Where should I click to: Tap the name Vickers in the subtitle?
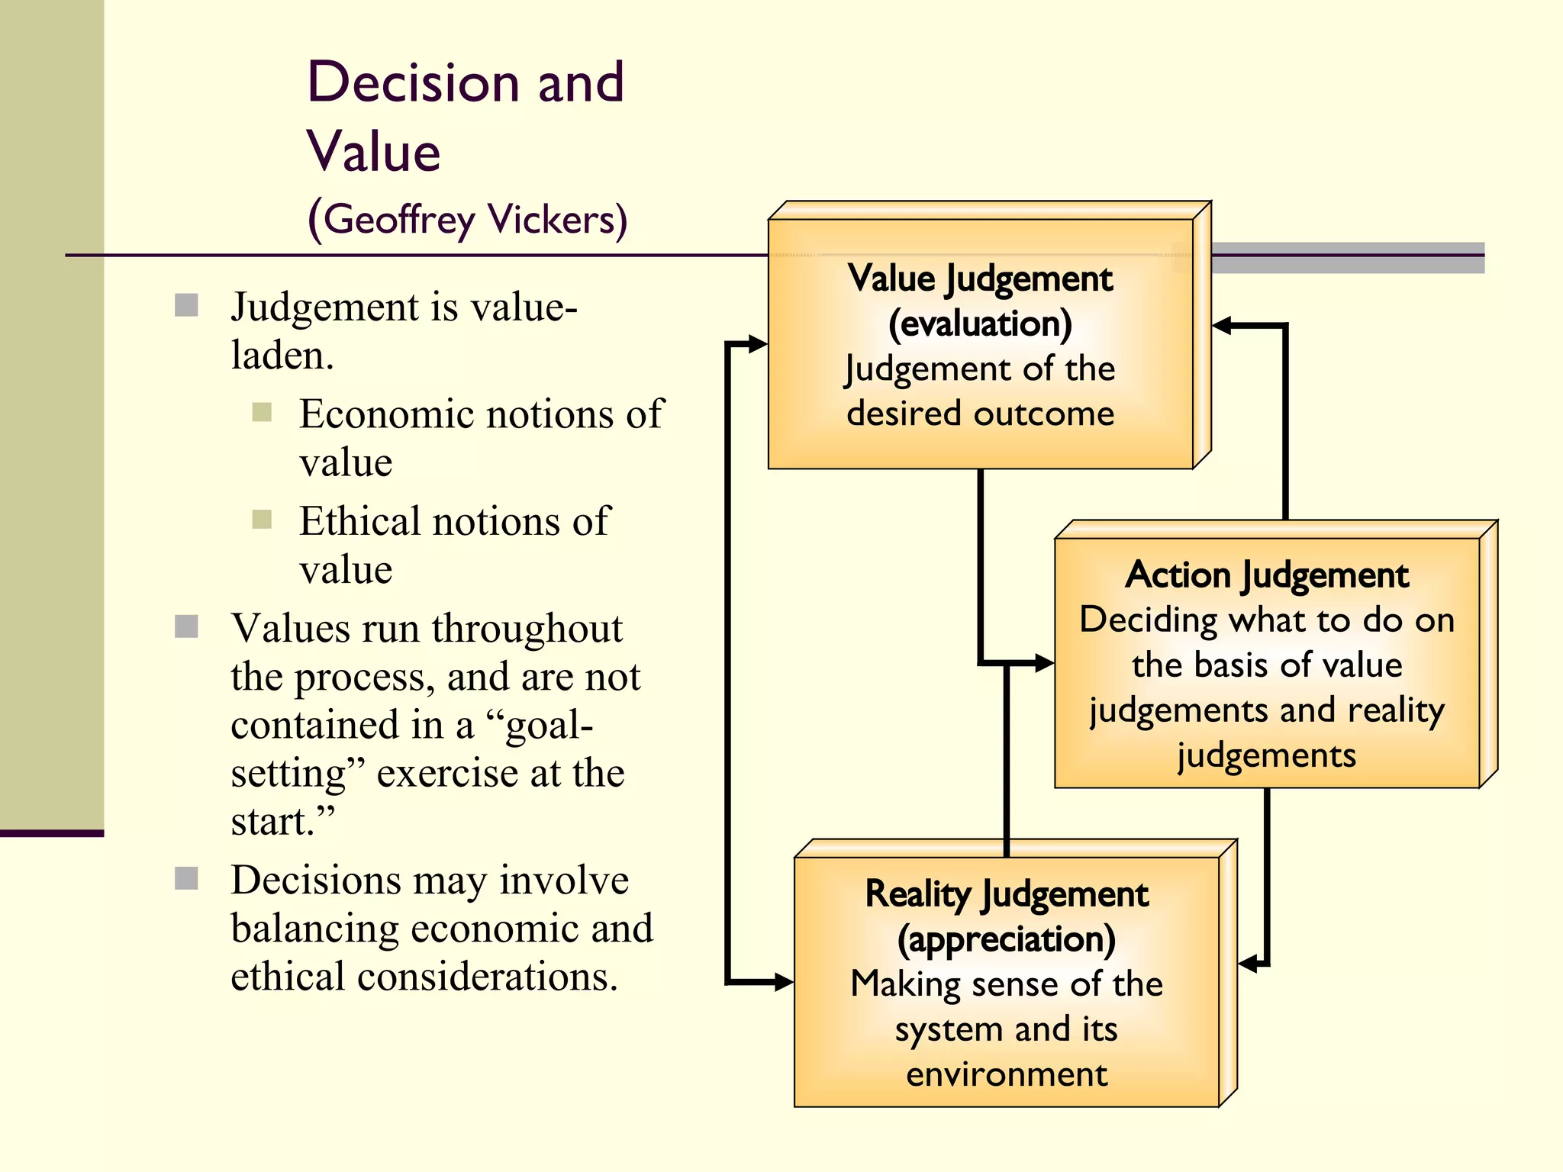pos(557,220)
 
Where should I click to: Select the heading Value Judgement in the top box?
pos(980,279)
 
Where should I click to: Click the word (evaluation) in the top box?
pos(980,324)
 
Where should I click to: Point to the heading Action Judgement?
pos(1266,575)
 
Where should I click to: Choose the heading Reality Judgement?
pos(1006,893)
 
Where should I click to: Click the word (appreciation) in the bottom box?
pos(1006,939)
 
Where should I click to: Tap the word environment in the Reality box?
pos(1006,1074)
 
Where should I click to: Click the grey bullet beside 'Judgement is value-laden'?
pos(186,305)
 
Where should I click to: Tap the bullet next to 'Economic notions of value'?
pos(262,412)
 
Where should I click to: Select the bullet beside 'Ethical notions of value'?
pos(262,520)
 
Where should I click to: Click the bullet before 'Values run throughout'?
pos(186,626)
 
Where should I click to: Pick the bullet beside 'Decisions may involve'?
pos(186,878)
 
